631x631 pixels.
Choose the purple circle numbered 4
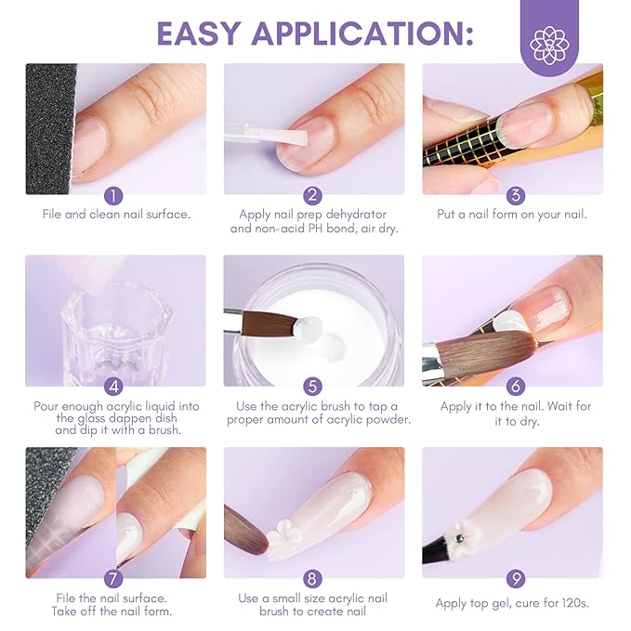pos(114,387)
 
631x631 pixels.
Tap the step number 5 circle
pos(313,387)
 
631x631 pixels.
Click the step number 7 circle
pos(114,578)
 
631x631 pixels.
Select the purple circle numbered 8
pos(313,578)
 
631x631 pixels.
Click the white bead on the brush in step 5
pos(309,327)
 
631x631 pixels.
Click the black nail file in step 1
pos(48,130)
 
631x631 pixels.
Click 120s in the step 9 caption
pos(569,603)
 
